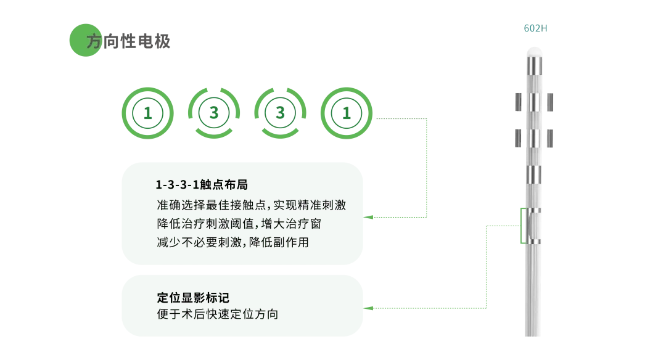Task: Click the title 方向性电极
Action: click(128, 41)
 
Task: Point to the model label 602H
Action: click(535, 28)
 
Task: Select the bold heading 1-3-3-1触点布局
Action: click(202, 185)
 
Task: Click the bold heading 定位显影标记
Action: click(193, 298)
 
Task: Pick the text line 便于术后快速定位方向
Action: click(218, 314)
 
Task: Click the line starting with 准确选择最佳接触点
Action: click(252, 205)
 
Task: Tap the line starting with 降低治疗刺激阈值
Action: click(239, 224)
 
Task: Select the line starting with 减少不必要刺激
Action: click(232, 242)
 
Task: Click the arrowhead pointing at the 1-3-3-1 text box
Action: click(368, 218)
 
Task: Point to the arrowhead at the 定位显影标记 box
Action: click(368, 308)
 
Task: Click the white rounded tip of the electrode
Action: click(534, 52)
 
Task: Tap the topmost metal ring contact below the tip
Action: click(534, 66)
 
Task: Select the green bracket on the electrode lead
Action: click(522, 226)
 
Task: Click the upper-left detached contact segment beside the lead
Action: click(518, 102)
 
